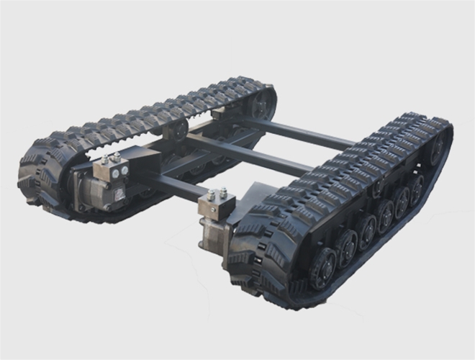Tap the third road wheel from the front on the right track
click(x=366, y=231)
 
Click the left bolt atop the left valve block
click(x=105, y=158)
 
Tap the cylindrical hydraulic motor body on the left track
click(x=89, y=192)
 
